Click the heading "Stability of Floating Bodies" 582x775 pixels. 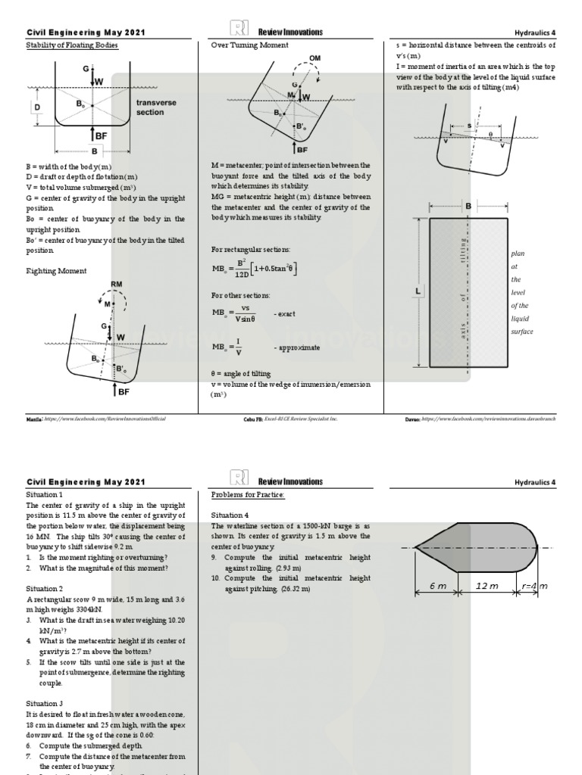point(72,45)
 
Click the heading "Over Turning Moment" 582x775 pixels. point(249,45)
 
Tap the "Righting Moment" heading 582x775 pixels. point(57,270)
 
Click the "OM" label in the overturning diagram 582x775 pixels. point(315,58)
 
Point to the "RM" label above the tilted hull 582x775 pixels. point(116,285)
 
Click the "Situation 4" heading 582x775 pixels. point(230,515)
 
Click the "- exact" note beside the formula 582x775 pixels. point(285,313)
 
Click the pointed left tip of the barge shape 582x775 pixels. point(415,546)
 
